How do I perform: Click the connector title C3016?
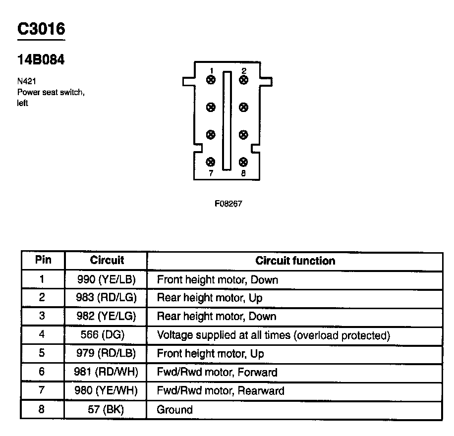pyautogui.click(x=41, y=29)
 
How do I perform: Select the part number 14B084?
pyautogui.click(x=41, y=60)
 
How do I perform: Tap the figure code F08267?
pyautogui.click(x=228, y=204)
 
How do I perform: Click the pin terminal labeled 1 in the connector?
pyautogui.click(x=211, y=80)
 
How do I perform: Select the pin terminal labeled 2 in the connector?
pyautogui.click(x=243, y=80)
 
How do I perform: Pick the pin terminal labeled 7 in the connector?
pyautogui.click(x=211, y=162)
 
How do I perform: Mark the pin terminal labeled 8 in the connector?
pyautogui.click(x=243, y=162)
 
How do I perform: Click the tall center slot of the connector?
pyautogui.click(x=227, y=120)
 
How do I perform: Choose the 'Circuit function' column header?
pyautogui.click(x=295, y=261)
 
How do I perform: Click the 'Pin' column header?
pyautogui.click(x=43, y=261)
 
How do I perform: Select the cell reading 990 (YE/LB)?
pyautogui.click(x=106, y=279)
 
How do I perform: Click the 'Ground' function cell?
pyautogui.click(x=174, y=410)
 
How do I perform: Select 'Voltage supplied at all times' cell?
pyautogui.click(x=273, y=335)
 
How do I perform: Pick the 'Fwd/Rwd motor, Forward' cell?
pyautogui.click(x=217, y=372)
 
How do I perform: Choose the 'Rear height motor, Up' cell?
pyautogui.click(x=210, y=298)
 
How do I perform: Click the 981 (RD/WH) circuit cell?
pyautogui.click(x=106, y=372)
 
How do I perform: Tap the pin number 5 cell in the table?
pyautogui.click(x=42, y=354)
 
